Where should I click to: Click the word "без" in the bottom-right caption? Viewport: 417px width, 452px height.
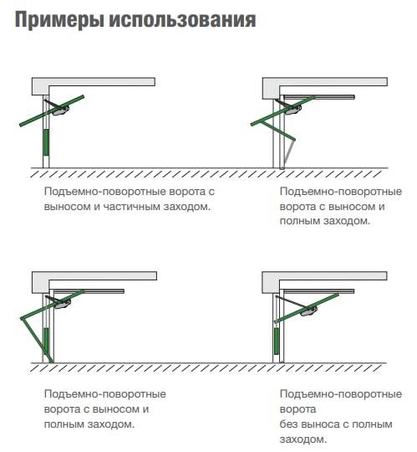click(290, 424)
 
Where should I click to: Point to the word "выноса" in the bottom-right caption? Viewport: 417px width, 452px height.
click(327, 424)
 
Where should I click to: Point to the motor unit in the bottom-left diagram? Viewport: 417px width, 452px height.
click(61, 303)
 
